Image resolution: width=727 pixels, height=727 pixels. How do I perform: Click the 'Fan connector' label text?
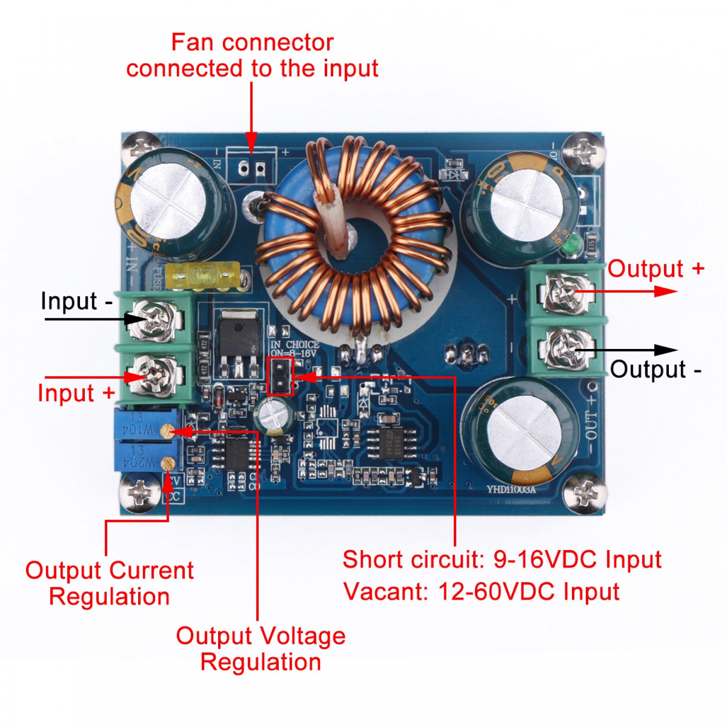coord(253,43)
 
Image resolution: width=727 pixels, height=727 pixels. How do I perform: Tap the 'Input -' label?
coord(76,301)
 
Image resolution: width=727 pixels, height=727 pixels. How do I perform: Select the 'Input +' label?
coord(76,393)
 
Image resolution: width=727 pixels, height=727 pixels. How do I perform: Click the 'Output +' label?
coord(655,269)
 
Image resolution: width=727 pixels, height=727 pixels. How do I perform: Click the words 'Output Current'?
coord(110,570)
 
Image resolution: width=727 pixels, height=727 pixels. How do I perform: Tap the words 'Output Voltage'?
coord(261,636)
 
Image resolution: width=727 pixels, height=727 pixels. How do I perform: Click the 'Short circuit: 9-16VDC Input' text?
coord(502,560)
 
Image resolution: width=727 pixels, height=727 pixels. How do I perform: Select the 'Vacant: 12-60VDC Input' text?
coord(481,592)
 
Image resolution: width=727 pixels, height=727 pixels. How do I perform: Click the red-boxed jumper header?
coord(280,376)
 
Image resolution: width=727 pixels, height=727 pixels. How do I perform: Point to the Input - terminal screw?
coord(154,318)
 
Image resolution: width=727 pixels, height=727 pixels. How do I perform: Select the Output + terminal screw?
coord(566,292)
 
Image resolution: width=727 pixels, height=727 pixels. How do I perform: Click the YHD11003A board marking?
coord(511,490)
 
